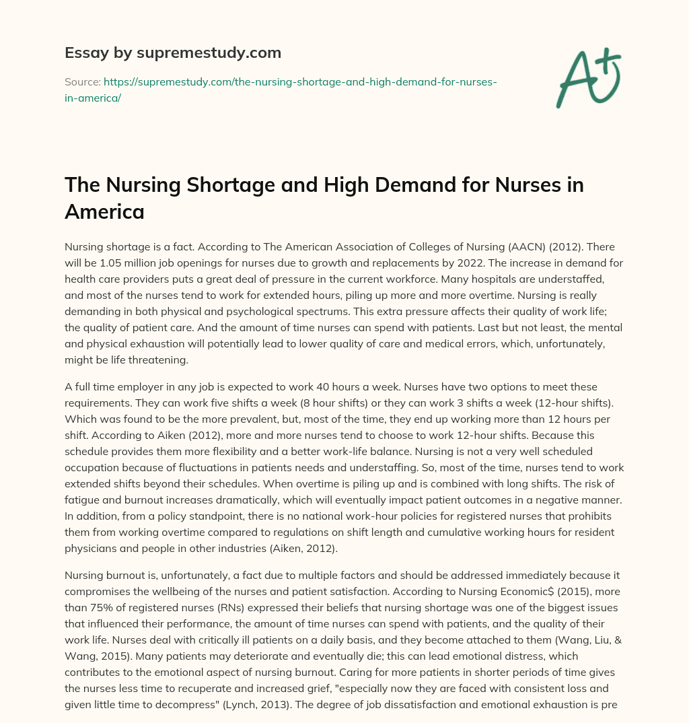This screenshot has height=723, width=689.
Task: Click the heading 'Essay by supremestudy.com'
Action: click(173, 53)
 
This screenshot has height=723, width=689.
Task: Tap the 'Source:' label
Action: click(82, 81)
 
